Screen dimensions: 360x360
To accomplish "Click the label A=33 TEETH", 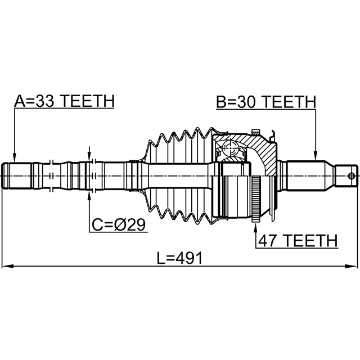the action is (x=64, y=101).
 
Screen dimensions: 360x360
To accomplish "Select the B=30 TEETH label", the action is (x=266, y=102).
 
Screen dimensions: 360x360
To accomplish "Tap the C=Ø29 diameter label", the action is (x=119, y=224).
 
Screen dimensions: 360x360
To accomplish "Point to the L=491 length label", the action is (x=180, y=258).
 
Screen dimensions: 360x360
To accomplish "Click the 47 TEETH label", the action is (x=298, y=240).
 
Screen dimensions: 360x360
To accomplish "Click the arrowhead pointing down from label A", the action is (x=15, y=157).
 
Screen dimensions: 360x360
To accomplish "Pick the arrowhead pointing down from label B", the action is (x=316, y=155).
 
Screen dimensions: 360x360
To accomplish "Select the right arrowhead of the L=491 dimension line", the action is (x=352, y=266).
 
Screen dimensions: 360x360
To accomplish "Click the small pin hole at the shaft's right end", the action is (x=351, y=176).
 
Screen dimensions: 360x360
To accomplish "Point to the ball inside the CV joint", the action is (x=231, y=148).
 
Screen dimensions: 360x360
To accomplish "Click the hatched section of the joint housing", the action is (x=257, y=149).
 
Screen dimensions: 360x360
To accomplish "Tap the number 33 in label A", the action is (x=44, y=101).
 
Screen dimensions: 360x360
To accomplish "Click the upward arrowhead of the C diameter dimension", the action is (x=89, y=196).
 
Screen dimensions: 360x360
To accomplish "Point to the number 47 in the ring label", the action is (x=268, y=240).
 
